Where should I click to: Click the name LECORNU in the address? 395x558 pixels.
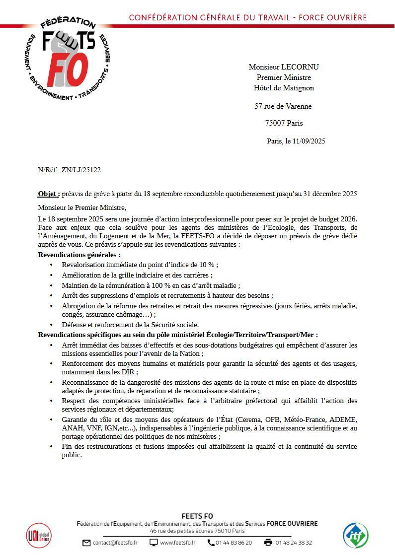pyautogui.click(x=300, y=67)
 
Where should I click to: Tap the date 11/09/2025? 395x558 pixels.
pyautogui.click(x=309, y=141)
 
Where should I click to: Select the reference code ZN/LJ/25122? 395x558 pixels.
pyautogui.click(x=81, y=170)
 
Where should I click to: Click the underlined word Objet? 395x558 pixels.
pyautogui.click(x=48, y=194)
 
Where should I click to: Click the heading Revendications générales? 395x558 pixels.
pyautogui.click(x=79, y=255)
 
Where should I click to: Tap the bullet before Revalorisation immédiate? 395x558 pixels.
pyautogui.click(x=51, y=265)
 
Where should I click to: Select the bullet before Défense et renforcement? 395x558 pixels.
pyautogui.click(x=51, y=325)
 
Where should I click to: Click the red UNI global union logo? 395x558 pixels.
pyautogui.click(x=38, y=535)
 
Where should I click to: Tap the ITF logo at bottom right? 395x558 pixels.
pyautogui.click(x=356, y=536)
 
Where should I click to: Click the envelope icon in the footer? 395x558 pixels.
pyautogui.click(x=86, y=543)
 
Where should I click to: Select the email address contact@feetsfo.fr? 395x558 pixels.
pyautogui.click(x=115, y=543)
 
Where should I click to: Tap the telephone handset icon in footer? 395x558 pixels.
pyautogui.click(x=211, y=543)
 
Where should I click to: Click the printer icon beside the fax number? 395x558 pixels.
pyautogui.click(x=268, y=543)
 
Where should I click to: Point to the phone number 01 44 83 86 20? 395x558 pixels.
pyautogui.click(x=234, y=543)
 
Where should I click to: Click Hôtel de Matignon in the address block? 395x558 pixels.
pyautogui.click(x=284, y=88)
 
